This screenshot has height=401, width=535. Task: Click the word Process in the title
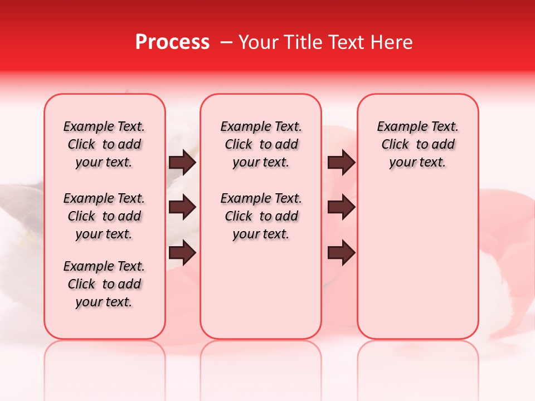[x=172, y=42]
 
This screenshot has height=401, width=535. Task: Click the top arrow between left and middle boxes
[x=182, y=163]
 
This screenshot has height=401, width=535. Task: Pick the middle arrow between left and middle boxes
[x=182, y=208]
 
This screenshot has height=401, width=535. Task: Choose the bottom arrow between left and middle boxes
[x=182, y=253]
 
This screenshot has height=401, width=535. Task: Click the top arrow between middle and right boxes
[x=341, y=163]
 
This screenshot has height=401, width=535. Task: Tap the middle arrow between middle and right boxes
[x=341, y=208]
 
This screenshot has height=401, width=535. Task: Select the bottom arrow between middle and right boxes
[x=341, y=253]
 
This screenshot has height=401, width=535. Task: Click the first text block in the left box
[x=104, y=144]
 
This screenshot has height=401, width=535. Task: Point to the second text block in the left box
[x=104, y=216]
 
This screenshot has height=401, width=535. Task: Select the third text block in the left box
[x=104, y=284]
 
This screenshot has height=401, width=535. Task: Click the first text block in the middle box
[x=261, y=144]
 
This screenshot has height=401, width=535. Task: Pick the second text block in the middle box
[x=261, y=216]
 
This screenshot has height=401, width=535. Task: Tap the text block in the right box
[x=418, y=144]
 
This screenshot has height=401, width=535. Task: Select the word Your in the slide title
[x=255, y=42]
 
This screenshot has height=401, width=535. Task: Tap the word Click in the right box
[x=395, y=145]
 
